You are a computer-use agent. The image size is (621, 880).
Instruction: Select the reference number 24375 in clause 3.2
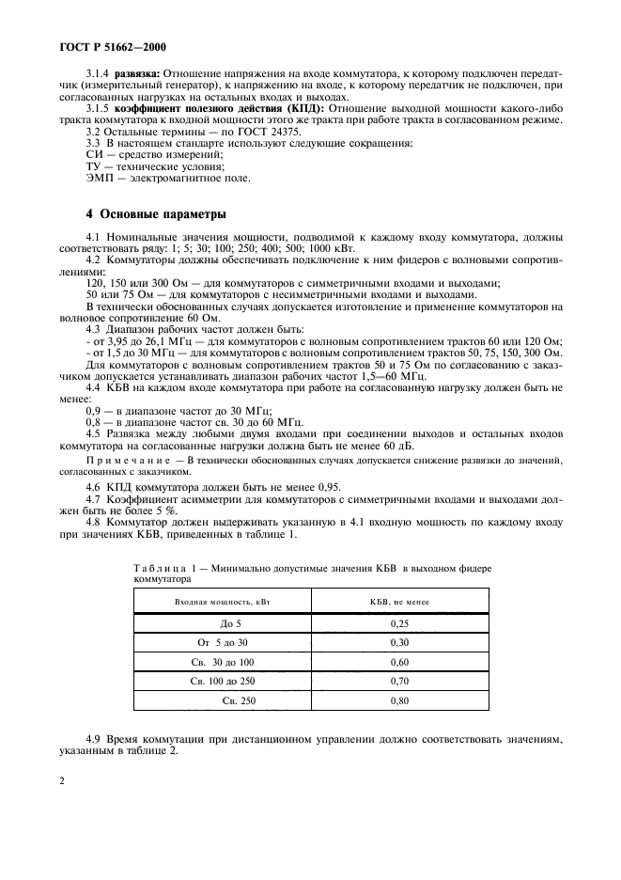[x=273, y=131]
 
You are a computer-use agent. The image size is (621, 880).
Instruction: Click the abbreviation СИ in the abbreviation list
[x=93, y=154]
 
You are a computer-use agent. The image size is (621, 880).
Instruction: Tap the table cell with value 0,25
[x=398, y=622]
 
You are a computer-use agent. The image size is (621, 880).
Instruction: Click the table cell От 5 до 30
[x=222, y=641]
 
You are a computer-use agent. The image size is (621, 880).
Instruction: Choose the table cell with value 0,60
[x=398, y=661]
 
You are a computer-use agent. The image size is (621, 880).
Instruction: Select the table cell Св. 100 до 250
[x=222, y=681]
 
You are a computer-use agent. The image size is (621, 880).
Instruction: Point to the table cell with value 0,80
[x=398, y=700]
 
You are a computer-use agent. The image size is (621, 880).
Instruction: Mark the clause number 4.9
[x=94, y=740]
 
